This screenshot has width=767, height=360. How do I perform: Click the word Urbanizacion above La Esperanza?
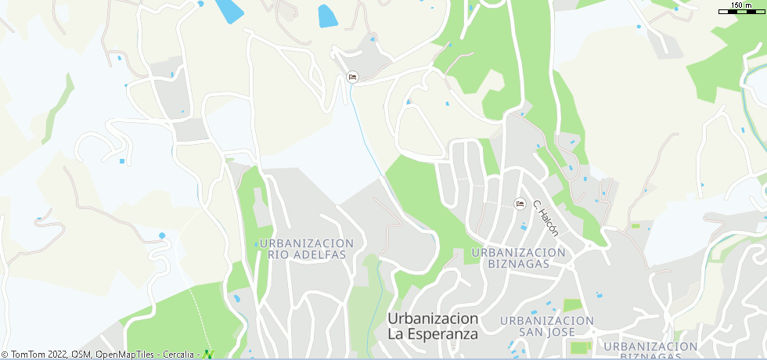[433, 319]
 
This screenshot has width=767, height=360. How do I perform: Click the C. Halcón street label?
[546, 218]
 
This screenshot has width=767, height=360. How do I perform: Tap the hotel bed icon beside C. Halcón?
[520, 204]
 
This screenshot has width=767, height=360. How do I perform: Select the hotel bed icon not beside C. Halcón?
[352, 77]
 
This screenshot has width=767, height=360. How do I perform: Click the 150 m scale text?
[741, 5]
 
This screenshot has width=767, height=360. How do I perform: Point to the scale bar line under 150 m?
[740, 12]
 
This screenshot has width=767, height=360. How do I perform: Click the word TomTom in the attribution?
[28, 355]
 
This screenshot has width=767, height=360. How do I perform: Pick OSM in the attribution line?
[81, 355]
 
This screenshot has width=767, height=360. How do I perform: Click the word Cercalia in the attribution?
[178, 355]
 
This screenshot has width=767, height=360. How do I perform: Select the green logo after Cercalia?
[207, 355]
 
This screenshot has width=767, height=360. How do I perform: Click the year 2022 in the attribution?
[58, 355]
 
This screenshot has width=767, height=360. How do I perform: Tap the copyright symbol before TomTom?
[5, 355]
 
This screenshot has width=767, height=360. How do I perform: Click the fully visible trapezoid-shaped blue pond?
[328, 16]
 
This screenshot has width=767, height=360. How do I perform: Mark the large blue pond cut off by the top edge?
[229, 10]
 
